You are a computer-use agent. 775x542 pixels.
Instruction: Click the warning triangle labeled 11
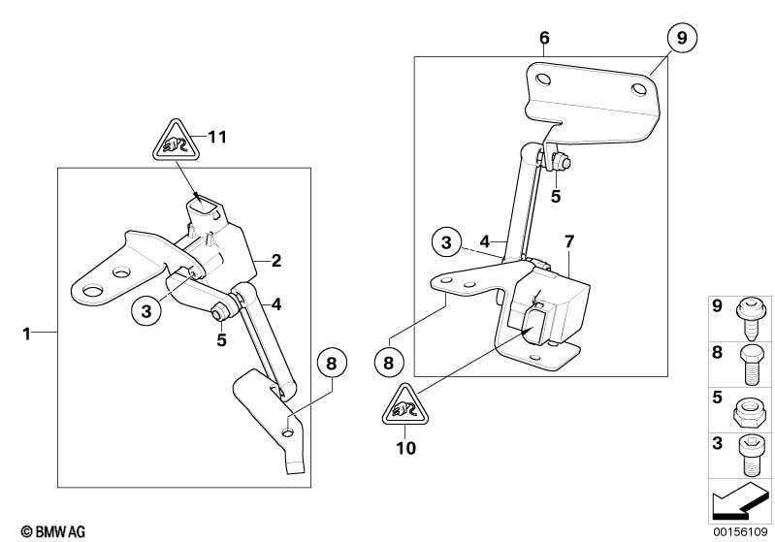click(175, 143)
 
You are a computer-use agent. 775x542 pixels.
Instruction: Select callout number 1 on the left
click(28, 334)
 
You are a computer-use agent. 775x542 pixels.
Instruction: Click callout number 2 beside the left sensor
click(276, 261)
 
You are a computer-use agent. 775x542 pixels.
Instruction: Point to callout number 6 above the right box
click(544, 38)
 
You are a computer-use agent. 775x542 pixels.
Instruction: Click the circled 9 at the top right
click(682, 39)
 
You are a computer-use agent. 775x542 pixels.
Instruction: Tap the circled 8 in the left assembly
click(331, 366)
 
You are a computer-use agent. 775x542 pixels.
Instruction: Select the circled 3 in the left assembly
click(146, 311)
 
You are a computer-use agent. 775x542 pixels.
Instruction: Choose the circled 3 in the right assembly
click(445, 241)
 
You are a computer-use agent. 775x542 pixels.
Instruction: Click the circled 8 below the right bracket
click(388, 364)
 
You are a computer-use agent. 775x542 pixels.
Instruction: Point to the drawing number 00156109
click(741, 531)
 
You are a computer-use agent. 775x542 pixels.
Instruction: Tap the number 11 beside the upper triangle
click(217, 137)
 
